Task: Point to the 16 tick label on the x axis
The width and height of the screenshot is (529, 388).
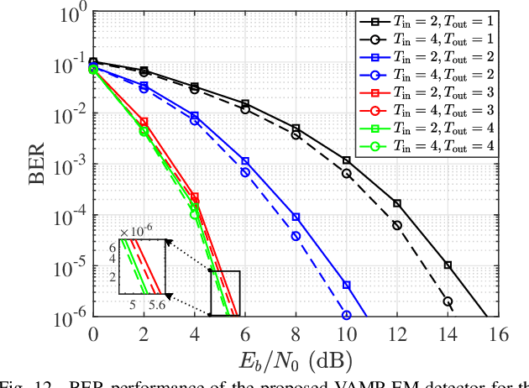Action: tap(499, 334)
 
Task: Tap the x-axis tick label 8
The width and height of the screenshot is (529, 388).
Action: tap(296, 334)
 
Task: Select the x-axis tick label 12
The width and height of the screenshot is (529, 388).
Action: tap(397, 334)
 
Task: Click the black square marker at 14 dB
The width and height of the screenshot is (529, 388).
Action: tap(448, 265)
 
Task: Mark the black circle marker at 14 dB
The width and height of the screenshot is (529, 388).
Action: tap(448, 301)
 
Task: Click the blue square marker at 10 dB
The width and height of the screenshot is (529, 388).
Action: tap(347, 286)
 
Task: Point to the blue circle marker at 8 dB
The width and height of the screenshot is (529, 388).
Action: tap(296, 236)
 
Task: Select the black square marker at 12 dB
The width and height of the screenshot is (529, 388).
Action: tap(397, 203)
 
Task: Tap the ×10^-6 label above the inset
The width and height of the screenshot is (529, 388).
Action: tap(137, 231)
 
